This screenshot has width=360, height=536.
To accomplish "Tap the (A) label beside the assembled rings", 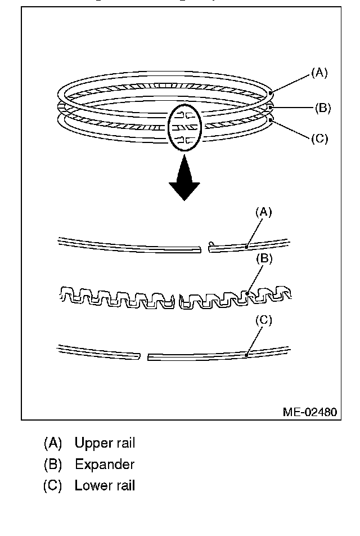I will pos(319,72).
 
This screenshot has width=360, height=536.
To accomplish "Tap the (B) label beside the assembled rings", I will pos(322,108).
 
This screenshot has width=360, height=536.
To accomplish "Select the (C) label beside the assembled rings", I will pos(319,139).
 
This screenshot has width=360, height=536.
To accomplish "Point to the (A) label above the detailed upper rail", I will pos(264,212).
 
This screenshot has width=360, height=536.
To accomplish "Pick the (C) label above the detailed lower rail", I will pos(264,320).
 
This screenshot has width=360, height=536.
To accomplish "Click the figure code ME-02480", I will pos(309,412).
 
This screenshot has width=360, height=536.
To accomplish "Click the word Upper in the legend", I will pos(94,443).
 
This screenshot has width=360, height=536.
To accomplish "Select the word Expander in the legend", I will pos(105,464).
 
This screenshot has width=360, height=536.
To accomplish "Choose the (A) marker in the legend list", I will pos(52,443).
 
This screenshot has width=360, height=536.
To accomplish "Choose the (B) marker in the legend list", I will pos(52,464).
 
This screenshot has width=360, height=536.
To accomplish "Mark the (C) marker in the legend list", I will pos(52,485).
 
